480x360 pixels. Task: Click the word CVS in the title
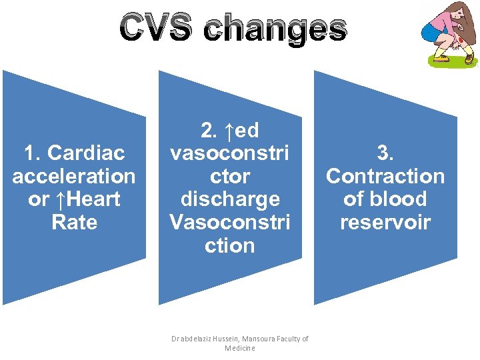(x=157, y=29)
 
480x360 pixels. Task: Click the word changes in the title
(x=275, y=29)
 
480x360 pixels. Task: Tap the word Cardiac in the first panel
(x=74, y=153)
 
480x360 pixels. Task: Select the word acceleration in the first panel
(x=74, y=177)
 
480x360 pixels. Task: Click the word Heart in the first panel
(x=95, y=199)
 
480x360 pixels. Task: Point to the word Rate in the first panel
(x=74, y=222)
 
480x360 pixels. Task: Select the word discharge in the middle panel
(x=229, y=199)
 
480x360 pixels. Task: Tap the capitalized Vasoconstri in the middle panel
(x=229, y=222)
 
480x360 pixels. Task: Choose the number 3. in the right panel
(x=385, y=153)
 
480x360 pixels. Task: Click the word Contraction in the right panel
(x=385, y=177)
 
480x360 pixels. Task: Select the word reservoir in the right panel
(x=385, y=222)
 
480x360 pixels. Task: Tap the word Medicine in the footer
(x=240, y=348)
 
